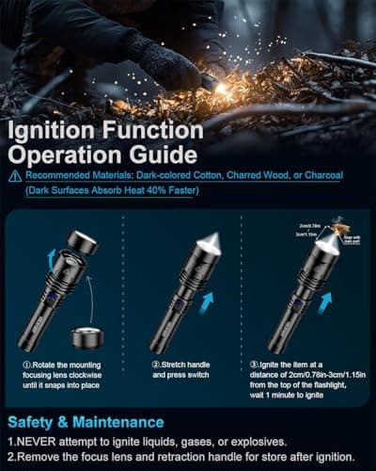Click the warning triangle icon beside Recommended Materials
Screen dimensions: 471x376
(x=14, y=175)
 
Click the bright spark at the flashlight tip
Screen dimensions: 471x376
(x=222, y=89)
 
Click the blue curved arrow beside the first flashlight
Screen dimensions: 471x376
(x=52, y=256)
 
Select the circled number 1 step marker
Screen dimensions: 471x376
(x=27, y=363)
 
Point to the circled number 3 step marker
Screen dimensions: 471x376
(x=254, y=363)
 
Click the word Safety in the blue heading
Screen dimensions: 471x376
(x=35, y=421)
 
